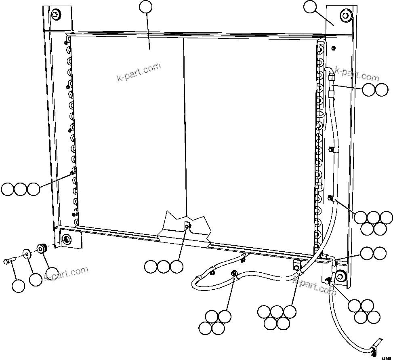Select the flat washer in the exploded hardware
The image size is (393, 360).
tap(27, 253)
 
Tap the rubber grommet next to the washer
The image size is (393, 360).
tap(41, 248)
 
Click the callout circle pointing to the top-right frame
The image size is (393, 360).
tap(311, 7)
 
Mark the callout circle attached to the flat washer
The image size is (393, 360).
tap(36, 279)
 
